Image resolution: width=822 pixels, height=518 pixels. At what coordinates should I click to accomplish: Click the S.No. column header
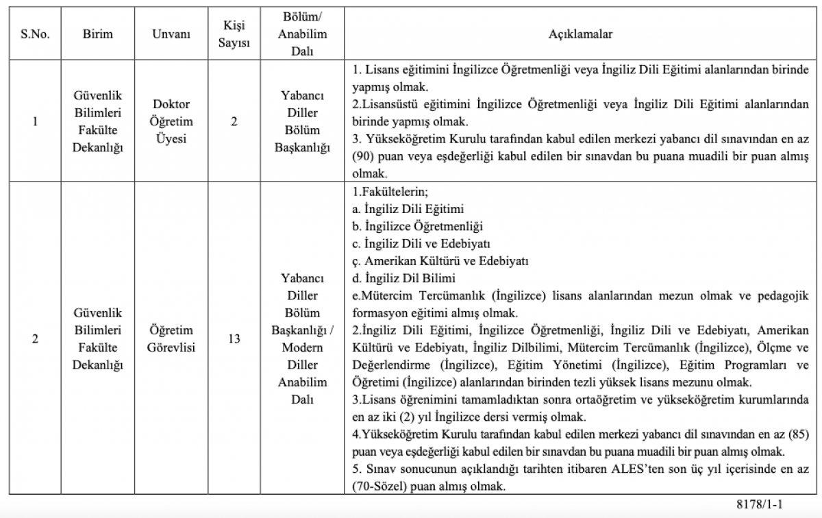(x=35, y=34)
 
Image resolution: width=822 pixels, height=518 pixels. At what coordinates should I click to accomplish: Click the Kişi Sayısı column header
(x=234, y=34)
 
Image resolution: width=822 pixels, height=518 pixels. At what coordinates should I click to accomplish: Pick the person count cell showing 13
(x=234, y=338)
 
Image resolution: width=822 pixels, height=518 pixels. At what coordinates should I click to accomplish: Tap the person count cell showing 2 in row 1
(x=234, y=122)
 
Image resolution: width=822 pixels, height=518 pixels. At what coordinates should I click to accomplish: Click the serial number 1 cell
(x=35, y=122)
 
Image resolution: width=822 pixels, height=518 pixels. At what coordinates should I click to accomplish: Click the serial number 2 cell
(x=35, y=338)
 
